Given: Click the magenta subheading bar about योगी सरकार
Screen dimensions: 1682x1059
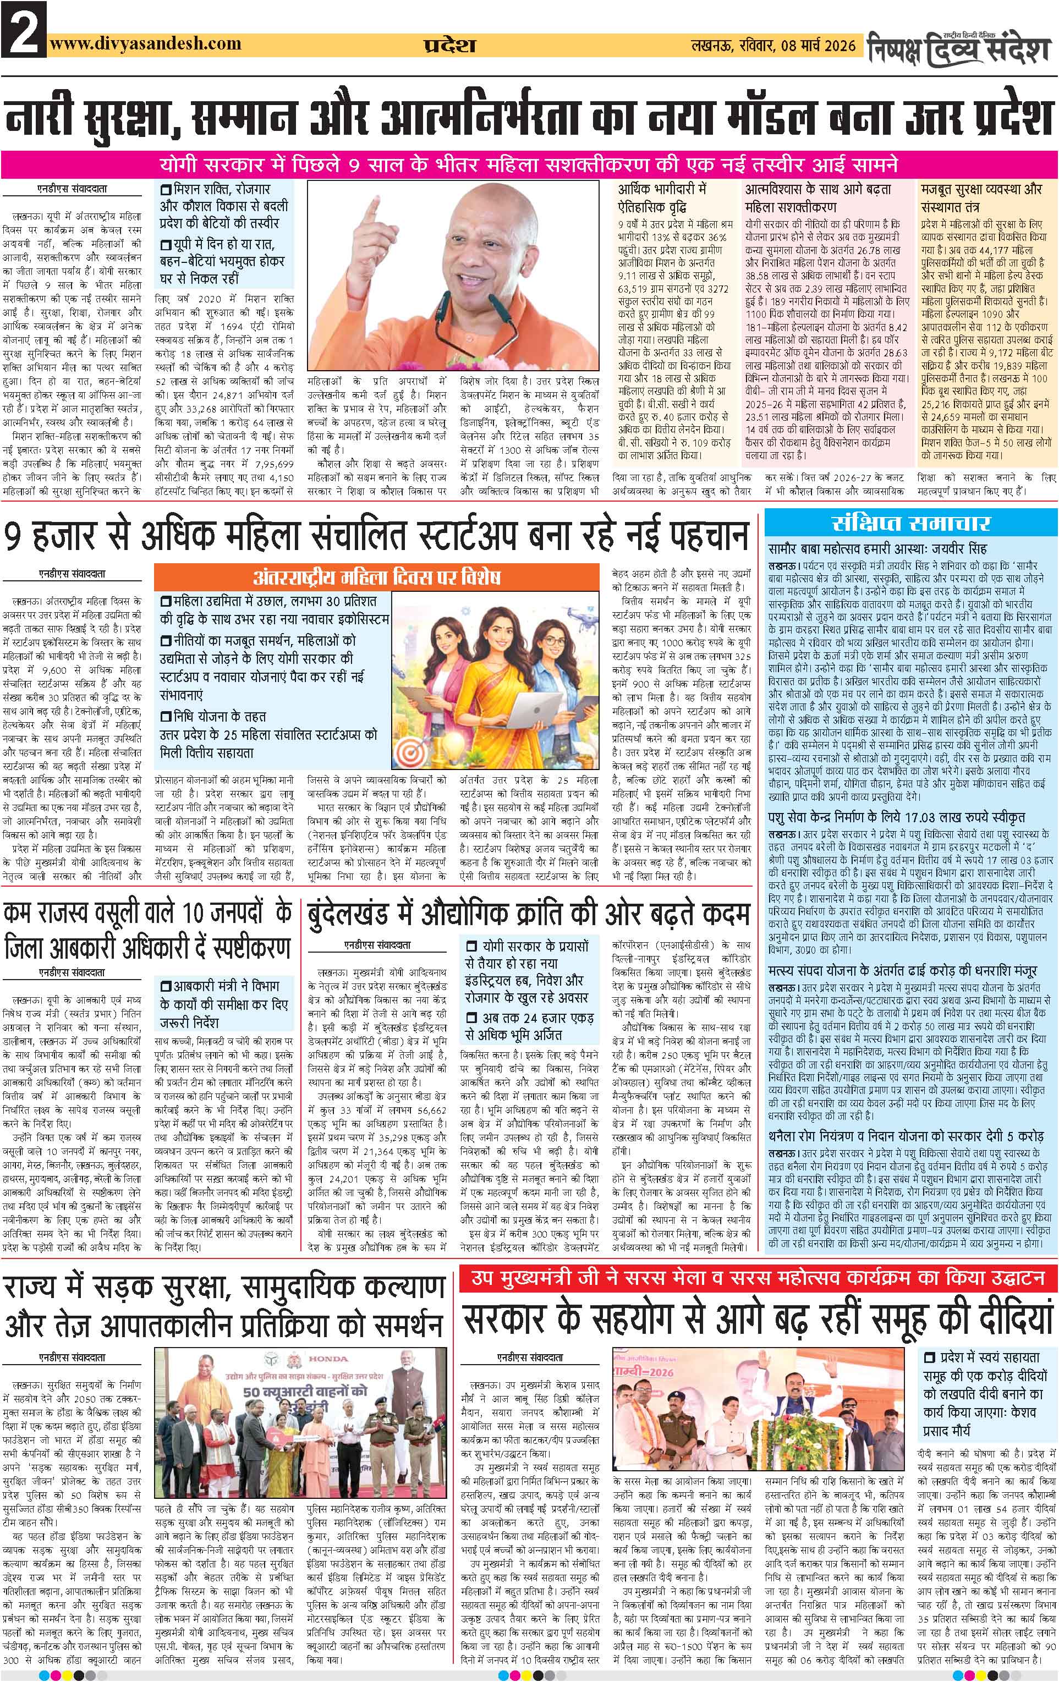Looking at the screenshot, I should click(529, 167).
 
